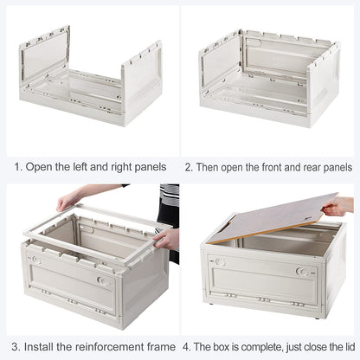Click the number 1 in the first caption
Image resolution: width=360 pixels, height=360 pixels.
coord(16,166)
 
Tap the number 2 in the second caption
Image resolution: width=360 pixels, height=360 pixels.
coord(188,166)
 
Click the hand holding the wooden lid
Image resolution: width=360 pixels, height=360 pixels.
coord(339,206)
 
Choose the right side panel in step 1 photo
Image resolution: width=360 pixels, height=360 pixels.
coord(141,82)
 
